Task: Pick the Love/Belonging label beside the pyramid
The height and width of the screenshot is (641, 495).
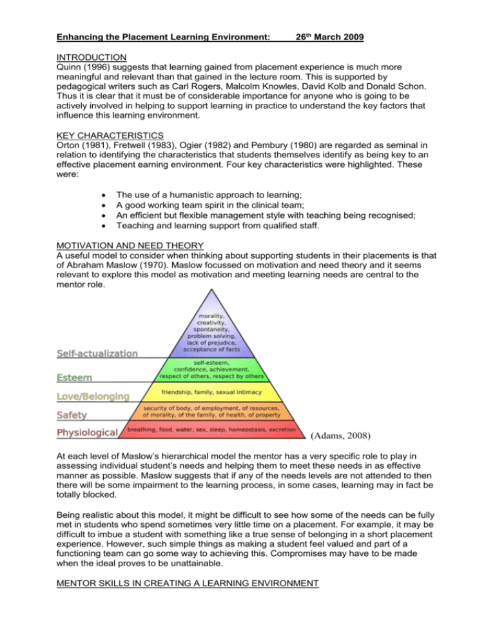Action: (93, 395)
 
